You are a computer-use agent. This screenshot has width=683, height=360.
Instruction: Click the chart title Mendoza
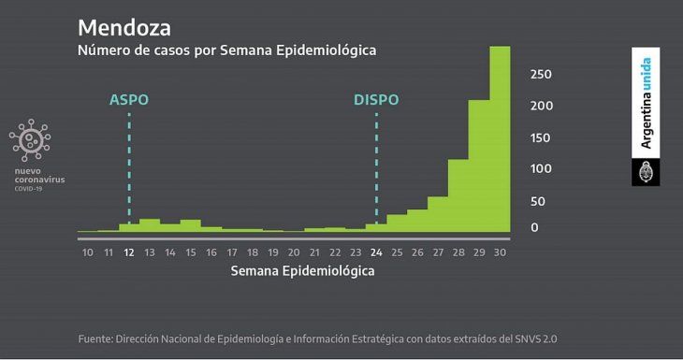(124, 25)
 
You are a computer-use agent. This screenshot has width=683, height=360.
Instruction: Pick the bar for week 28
(458, 195)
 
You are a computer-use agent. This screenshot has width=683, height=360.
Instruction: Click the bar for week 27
(438, 214)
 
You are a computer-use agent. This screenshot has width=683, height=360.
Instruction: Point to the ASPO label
(129, 100)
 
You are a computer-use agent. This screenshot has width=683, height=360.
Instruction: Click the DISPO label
(376, 100)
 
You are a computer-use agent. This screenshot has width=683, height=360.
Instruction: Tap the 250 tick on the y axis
(541, 75)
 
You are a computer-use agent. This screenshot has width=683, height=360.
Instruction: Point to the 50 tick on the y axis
(538, 201)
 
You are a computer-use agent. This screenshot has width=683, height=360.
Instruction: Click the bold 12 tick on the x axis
(129, 252)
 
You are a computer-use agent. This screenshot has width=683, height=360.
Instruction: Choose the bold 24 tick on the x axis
(376, 252)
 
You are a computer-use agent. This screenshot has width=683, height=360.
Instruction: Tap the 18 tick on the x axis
(253, 252)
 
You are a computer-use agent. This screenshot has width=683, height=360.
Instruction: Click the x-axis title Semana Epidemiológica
(302, 271)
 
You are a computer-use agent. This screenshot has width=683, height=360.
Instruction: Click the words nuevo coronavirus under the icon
(39, 176)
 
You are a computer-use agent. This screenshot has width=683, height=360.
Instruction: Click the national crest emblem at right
(647, 173)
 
